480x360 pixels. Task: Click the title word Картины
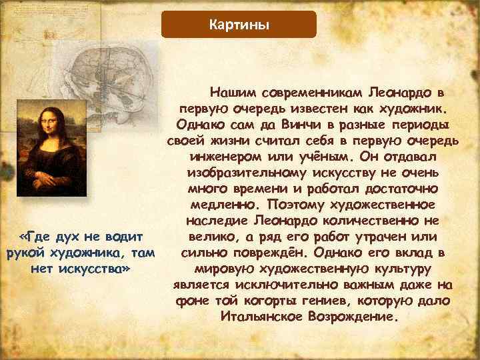click(x=239, y=25)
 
